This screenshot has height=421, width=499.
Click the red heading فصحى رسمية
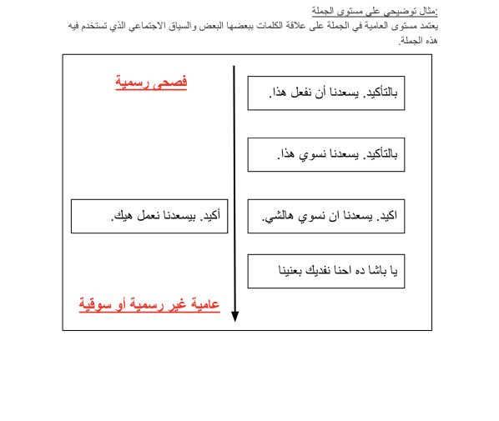coord(151,82)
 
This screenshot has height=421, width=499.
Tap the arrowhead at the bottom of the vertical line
coord(234,316)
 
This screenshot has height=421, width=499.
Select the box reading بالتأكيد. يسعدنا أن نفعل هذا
coord(325,93)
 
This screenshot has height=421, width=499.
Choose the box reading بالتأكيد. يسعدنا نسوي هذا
coord(325,154)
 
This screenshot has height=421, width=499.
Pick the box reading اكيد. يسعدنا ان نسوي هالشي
coord(325,216)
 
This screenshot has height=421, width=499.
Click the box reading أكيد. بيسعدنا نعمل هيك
coord(149,216)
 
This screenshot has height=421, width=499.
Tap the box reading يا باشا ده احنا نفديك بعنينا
coord(325,271)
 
